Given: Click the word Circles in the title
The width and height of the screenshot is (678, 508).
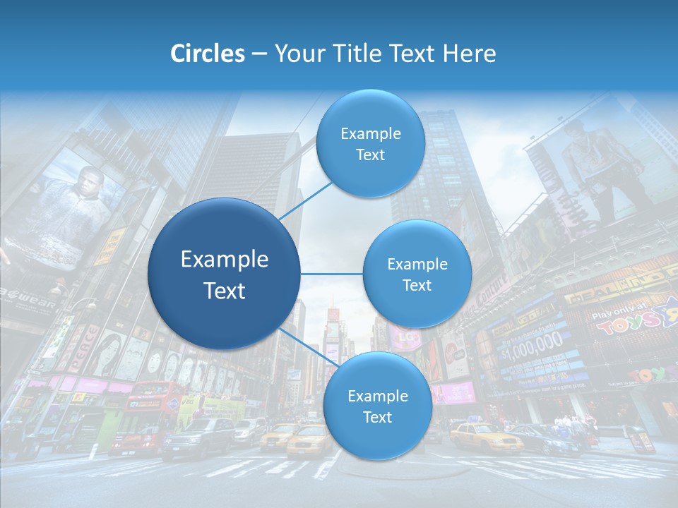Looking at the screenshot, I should pyautogui.click(x=208, y=54).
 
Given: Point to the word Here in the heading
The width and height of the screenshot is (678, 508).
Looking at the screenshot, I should pyautogui.click(x=470, y=54).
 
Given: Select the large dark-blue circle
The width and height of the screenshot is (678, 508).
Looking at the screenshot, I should pyautogui.click(x=224, y=274).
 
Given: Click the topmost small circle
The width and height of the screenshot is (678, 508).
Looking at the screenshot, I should pyautogui.click(x=370, y=144).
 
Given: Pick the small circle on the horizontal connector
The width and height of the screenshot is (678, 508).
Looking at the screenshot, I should pyautogui.click(x=417, y=274).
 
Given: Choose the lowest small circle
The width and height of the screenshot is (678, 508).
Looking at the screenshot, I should pyautogui.click(x=377, y=406).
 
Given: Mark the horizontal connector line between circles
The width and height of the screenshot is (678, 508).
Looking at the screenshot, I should pyautogui.click(x=331, y=274).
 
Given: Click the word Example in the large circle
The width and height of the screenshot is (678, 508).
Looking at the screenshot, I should pyautogui.click(x=224, y=259).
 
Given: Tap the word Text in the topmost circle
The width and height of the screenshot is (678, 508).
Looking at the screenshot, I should pyautogui.click(x=370, y=155).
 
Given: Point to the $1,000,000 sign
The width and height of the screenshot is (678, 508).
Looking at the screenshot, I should pyautogui.click(x=533, y=345).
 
